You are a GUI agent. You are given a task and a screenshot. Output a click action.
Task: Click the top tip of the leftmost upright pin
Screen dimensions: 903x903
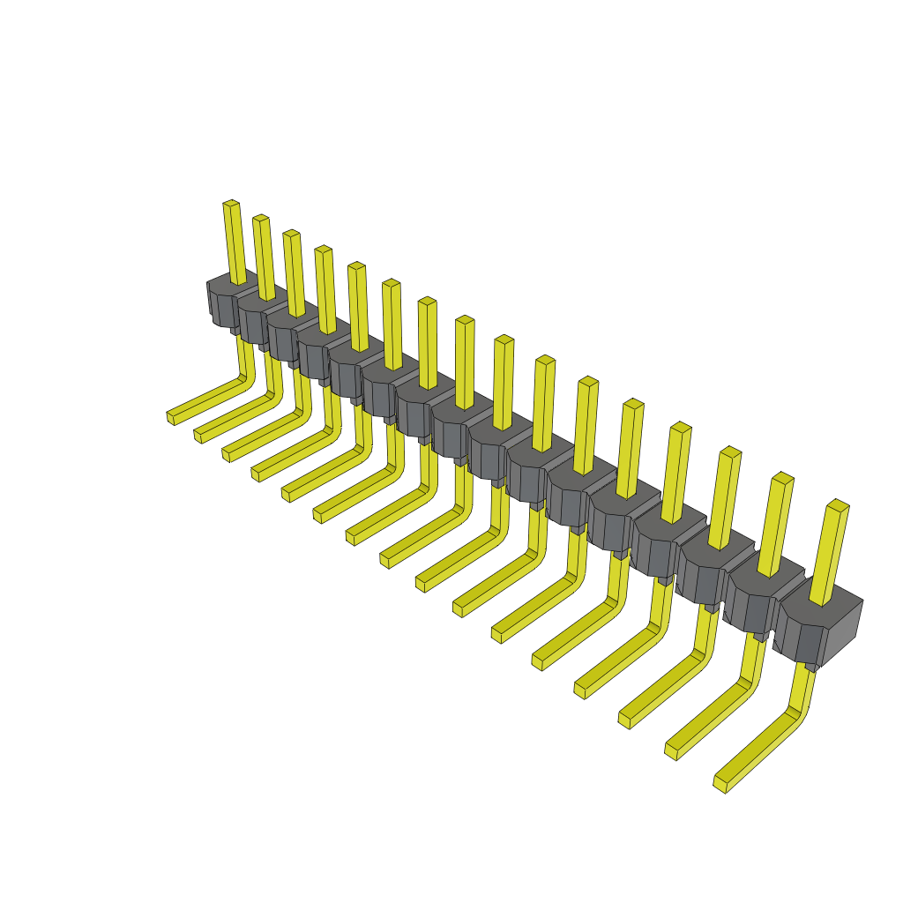click(231, 205)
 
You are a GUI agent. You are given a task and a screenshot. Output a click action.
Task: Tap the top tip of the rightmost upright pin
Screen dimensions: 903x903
click(838, 505)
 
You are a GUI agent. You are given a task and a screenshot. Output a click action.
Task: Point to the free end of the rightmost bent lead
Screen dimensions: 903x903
click(720, 783)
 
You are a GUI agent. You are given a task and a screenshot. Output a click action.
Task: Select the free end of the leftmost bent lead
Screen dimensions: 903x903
click(171, 417)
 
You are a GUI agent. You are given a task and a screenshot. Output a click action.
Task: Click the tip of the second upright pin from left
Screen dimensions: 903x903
click(260, 219)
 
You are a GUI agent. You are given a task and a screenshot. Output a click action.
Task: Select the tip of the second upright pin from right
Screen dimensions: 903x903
click(782, 479)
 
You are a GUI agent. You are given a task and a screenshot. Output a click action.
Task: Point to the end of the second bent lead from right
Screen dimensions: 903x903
click(671, 750)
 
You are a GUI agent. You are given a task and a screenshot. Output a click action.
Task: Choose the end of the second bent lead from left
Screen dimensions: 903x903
click(198, 435)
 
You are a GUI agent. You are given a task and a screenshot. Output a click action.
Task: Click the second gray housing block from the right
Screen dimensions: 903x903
click(757, 600)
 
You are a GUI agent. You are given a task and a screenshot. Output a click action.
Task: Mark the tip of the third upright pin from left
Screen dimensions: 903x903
click(291, 235)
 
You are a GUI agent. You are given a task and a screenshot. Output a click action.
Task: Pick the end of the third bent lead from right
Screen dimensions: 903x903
click(624, 719)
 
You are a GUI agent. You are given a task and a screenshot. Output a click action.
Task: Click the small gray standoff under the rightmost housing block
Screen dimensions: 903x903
click(810, 667)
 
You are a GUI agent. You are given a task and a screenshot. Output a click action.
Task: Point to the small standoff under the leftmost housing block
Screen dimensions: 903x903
click(235, 330)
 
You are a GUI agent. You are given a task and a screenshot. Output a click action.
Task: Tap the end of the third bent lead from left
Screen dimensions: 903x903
click(227, 453)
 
